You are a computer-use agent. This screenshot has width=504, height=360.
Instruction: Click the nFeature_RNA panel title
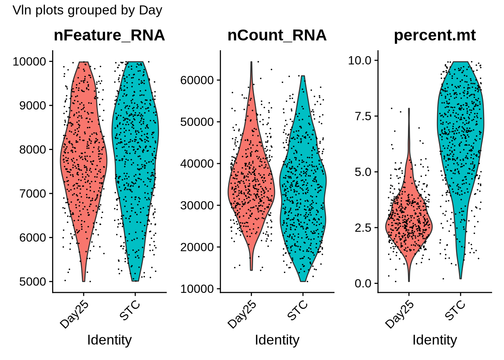tap(109, 35)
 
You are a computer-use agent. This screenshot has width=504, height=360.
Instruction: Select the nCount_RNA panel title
tap(277, 35)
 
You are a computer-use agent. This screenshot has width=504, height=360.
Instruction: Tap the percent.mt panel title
tap(435, 35)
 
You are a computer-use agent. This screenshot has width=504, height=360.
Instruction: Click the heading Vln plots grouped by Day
tap(87, 10)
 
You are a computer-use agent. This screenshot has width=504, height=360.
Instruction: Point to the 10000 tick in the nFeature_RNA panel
tap(29, 61)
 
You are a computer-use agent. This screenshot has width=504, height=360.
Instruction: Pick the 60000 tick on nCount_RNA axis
tap(197, 80)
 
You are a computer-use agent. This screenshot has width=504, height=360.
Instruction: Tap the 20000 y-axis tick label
tap(197, 247)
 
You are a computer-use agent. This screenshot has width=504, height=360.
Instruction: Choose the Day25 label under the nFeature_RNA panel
tap(75, 315)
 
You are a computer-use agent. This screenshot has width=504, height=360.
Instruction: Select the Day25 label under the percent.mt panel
tap(400, 315)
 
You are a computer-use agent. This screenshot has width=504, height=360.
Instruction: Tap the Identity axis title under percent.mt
tap(435, 340)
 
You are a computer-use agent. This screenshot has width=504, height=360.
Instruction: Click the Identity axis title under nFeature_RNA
tap(109, 340)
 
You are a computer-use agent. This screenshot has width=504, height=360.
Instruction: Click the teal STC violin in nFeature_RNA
tap(135, 150)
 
